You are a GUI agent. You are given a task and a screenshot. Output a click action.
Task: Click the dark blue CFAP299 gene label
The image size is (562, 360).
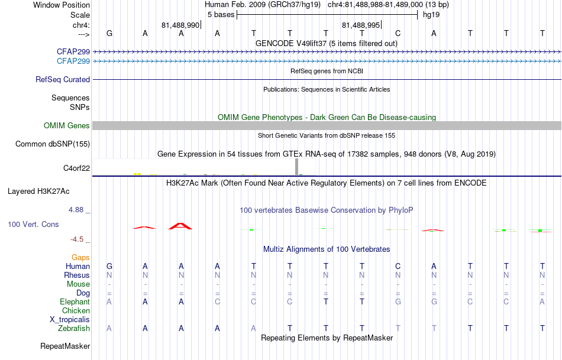[x=73, y=51]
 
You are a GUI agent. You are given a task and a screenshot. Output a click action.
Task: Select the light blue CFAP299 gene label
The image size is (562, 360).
[x=73, y=61]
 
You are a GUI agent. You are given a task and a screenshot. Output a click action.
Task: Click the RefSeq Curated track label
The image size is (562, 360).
[x=63, y=80]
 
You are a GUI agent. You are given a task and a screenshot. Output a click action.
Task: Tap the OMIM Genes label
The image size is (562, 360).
[x=67, y=125]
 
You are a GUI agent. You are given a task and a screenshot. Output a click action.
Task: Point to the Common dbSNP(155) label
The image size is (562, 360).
[x=53, y=144]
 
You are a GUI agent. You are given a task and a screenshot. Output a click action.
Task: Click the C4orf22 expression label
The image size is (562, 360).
[x=77, y=168]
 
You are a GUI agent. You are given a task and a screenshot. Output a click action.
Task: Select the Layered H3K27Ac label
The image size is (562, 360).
[x=38, y=192]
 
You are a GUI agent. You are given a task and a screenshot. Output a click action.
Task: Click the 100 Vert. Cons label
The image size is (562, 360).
[x=33, y=224]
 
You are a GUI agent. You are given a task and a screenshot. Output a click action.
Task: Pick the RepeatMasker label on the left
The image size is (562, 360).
[x=65, y=346]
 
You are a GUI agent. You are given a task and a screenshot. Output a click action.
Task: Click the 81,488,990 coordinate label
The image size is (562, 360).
[x=180, y=25]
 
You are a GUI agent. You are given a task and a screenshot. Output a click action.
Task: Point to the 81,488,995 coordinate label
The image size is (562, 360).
[x=361, y=25]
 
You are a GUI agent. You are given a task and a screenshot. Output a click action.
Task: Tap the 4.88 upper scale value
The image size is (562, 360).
[x=76, y=209]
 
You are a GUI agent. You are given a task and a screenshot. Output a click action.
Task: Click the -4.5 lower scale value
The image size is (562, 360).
[x=77, y=239]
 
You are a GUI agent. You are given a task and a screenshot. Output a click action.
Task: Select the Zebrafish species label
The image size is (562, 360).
[x=74, y=329]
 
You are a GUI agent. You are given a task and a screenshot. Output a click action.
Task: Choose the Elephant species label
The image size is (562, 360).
[x=75, y=301]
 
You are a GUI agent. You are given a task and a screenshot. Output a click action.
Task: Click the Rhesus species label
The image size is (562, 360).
[x=77, y=275]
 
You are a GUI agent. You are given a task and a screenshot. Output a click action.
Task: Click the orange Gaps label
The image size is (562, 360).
[x=80, y=258]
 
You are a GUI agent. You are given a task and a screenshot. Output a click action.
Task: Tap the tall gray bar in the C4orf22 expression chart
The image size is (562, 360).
[x=296, y=167]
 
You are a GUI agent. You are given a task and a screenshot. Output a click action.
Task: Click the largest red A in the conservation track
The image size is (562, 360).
[x=180, y=226]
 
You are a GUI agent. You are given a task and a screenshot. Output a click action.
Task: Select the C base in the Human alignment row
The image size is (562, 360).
[x=398, y=266]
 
